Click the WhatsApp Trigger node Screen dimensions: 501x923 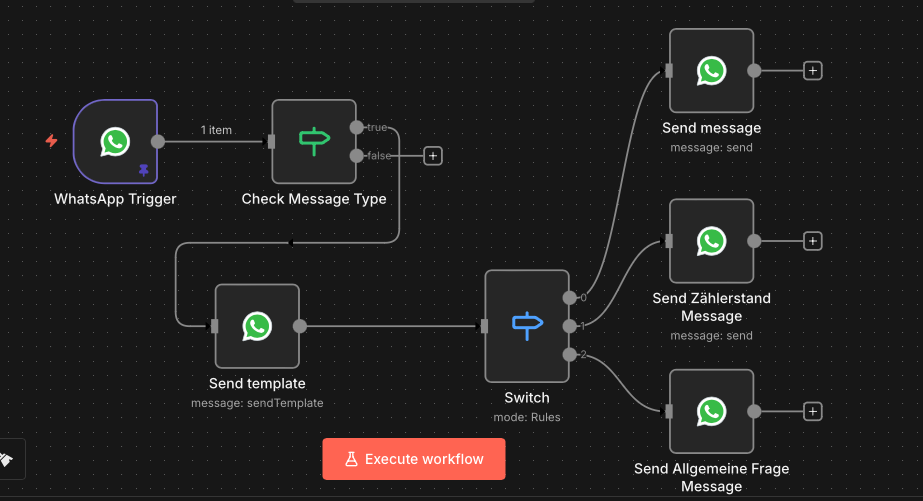click(115, 141)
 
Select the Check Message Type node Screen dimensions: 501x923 click(314, 141)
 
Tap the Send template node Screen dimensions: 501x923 click(257, 326)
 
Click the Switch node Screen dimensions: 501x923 click(526, 326)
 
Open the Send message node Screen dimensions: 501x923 click(711, 71)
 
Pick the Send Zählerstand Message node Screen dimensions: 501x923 click(711, 241)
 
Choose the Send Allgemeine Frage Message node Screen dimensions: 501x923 click(711, 411)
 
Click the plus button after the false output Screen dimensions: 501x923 click(432, 155)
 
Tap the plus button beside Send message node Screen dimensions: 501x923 click(813, 71)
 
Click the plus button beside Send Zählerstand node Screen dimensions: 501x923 click(813, 241)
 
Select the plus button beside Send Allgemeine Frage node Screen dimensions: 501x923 click(813, 411)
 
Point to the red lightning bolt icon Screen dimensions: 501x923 click(52, 141)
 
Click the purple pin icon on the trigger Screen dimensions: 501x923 click(143, 171)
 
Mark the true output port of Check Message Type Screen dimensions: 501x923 click(356, 127)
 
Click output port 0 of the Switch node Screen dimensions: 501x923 click(569, 297)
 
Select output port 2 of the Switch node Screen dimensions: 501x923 click(569, 354)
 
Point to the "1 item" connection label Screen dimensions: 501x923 click(216, 130)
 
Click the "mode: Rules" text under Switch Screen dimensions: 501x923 click(527, 417)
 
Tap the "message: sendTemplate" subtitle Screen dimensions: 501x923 click(257, 403)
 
